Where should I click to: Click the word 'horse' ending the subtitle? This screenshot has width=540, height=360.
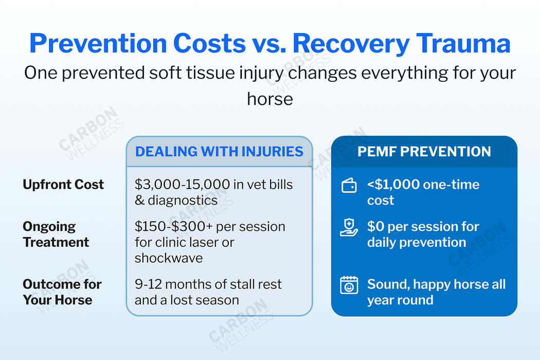[x=270, y=98]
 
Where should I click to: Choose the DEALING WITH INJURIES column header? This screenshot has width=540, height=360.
[x=219, y=151]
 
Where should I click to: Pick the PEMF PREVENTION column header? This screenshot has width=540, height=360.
[x=424, y=151]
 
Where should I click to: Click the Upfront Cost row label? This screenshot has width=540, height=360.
[x=63, y=185]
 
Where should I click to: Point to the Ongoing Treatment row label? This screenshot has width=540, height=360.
[x=56, y=234]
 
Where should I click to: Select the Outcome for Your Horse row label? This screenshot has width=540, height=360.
[x=62, y=292]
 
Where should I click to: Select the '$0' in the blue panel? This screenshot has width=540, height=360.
[x=375, y=227]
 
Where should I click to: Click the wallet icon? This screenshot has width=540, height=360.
[x=349, y=186]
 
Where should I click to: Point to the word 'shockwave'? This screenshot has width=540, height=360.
[x=168, y=258]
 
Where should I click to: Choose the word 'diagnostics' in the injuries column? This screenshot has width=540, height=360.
[x=182, y=200]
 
